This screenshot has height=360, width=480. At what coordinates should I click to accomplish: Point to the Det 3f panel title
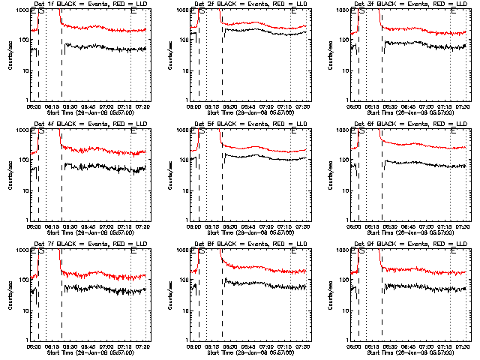[x=410, y=4]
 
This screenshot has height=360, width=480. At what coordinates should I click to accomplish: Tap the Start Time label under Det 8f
[x=250, y=351]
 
